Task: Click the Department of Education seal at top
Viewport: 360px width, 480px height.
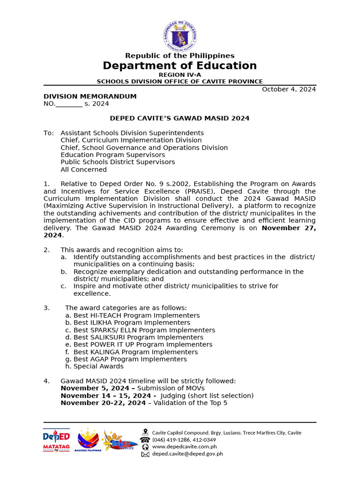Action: [x=180, y=36]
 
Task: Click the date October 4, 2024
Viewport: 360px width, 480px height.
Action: [x=289, y=90]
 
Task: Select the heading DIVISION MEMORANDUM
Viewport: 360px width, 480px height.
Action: [x=90, y=97]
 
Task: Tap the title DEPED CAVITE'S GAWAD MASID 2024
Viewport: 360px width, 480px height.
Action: [x=180, y=119]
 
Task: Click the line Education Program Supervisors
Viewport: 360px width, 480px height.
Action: [x=112, y=155]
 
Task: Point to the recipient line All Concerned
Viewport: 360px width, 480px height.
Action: [x=83, y=170]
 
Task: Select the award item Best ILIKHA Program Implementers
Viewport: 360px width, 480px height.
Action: [x=131, y=322]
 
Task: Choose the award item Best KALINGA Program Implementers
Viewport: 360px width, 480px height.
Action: [x=135, y=352]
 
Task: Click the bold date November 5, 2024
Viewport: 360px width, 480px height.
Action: [x=95, y=388]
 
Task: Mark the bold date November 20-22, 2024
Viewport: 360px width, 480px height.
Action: [x=103, y=403]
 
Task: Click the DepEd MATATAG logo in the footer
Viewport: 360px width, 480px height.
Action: [x=56, y=440]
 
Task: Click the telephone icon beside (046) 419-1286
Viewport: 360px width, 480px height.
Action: [x=145, y=440]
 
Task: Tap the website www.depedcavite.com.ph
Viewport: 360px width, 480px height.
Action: [x=184, y=447]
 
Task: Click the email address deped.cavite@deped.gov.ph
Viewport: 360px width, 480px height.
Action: [x=187, y=454]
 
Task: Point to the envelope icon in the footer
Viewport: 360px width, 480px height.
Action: [x=145, y=454]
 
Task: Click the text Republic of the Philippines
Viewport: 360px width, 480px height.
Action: [x=180, y=56]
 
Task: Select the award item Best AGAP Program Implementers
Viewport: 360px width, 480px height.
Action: [x=130, y=359]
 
